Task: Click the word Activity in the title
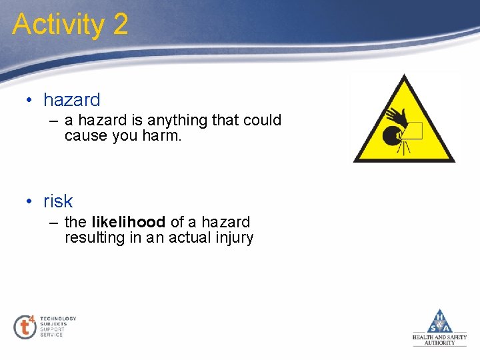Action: click(58, 25)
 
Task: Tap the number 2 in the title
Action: click(120, 25)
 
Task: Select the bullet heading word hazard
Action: click(71, 100)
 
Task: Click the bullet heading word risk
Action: click(58, 201)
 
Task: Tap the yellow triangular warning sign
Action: click(404, 123)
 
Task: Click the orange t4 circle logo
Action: click(25, 327)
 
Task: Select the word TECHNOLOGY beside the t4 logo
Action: click(58, 319)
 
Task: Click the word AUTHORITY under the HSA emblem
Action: click(440, 343)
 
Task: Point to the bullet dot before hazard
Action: click(30, 101)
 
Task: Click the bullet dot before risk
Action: click(30, 201)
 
